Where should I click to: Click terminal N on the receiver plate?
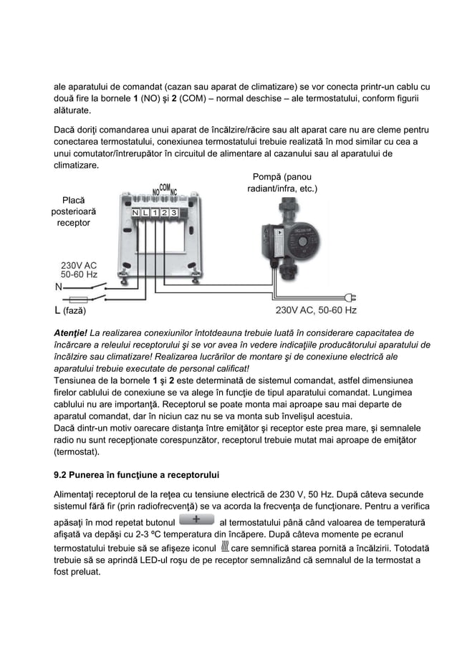pos(135,213)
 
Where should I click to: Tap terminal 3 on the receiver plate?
pos(173,213)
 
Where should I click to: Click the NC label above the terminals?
pos(173,192)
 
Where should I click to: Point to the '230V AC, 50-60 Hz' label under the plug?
pos(316,311)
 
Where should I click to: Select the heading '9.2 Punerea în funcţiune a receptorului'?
pos(138,474)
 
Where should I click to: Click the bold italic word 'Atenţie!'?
pos(71,332)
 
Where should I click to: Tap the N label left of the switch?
pos(58,285)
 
